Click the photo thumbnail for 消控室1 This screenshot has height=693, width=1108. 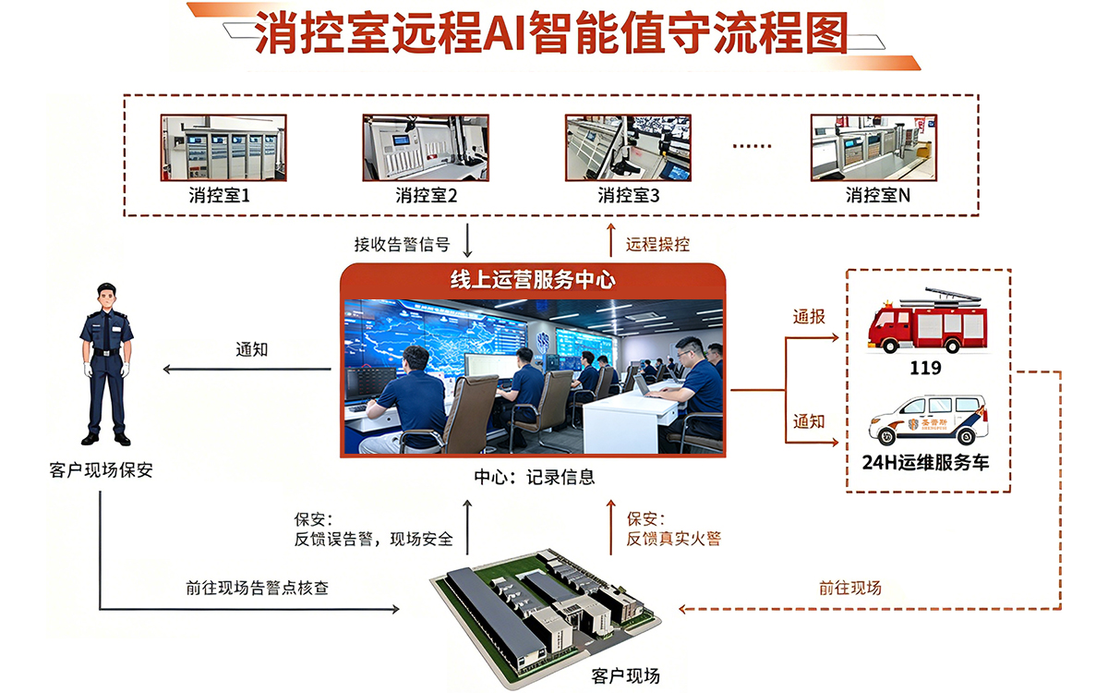[x=223, y=148]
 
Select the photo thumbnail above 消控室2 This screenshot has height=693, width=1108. [x=426, y=148]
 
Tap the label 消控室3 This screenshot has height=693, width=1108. [x=629, y=196]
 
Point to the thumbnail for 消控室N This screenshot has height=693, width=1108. [x=873, y=148]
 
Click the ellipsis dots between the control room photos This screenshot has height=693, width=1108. [x=752, y=146]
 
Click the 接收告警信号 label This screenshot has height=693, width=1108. [x=402, y=244]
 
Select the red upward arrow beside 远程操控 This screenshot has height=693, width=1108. [x=611, y=240]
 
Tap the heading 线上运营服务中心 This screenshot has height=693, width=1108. [x=533, y=280]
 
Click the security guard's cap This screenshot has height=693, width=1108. [x=106, y=288]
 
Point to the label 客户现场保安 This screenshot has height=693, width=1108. [x=101, y=469]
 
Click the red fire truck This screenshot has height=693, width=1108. [x=927, y=320]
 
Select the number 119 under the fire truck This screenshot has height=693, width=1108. [x=925, y=368]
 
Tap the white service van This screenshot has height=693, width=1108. [x=929, y=419]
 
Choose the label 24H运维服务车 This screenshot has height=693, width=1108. [x=925, y=462]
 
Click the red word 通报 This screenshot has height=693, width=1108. [x=809, y=316]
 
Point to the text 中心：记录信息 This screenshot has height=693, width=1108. [x=535, y=477]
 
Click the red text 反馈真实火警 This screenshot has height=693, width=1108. [x=674, y=539]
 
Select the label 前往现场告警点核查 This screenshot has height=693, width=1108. [x=258, y=588]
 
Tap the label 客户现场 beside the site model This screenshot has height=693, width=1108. [x=626, y=675]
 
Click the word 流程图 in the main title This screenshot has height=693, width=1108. [x=781, y=32]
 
